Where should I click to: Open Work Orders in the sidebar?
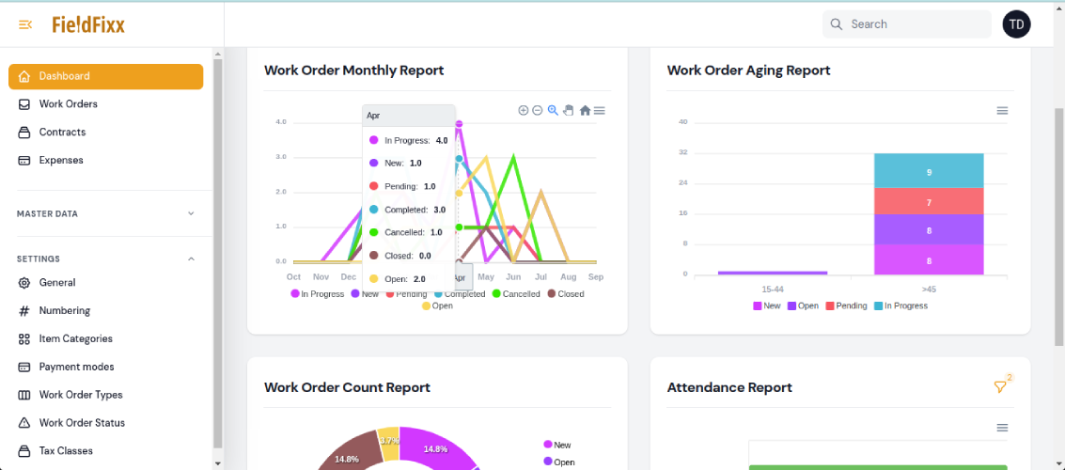tap(68, 104)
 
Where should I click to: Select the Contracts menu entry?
tap(62, 133)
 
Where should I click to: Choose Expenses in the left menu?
tap(61, 161)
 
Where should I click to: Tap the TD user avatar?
tap(1016, 24)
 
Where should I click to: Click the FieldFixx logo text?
tap(88, 24)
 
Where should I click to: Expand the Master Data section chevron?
tap(191, 213)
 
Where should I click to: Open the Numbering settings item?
tap(64, 311)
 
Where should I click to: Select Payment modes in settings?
tap(76, 368)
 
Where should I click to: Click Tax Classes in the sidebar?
tap(66, 451)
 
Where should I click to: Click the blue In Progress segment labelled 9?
tap(929, 171)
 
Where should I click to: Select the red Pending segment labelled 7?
tap(929, 201)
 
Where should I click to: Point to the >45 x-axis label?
tap(929, 288)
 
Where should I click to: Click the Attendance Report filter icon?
tap(1000, 387)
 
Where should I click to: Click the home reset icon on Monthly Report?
tap(585, 111)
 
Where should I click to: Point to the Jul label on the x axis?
tap(540, 277)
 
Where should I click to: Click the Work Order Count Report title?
tap(347, 387)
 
